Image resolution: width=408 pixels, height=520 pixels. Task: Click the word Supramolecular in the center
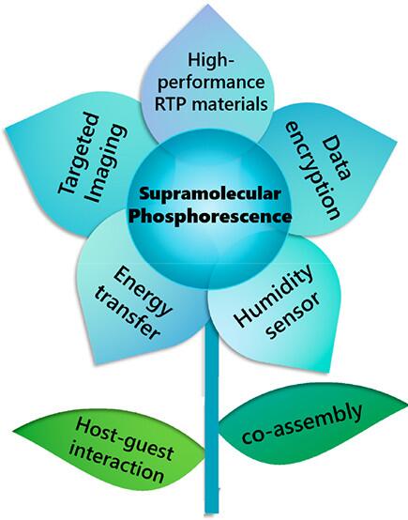pos(210,193)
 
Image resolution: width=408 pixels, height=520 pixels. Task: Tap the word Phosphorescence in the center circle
pos(210,216)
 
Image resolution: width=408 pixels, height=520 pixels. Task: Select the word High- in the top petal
pos(211,61)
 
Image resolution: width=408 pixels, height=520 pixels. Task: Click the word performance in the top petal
pos(211,84)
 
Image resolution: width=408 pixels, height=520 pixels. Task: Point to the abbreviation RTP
pos(171,104)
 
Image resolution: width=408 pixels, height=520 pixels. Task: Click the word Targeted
pos(79,153)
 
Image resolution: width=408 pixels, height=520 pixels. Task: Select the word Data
pos(337,159)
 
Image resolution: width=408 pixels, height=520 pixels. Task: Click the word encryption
pos(312,171)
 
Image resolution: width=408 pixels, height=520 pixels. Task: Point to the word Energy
pos(143,291)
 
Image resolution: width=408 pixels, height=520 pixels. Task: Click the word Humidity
pos(274,295)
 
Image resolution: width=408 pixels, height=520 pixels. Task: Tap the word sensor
pos(295,315)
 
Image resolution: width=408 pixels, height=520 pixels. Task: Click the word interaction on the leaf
pos(116,464)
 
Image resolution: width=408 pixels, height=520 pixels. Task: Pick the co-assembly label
pos(301,423)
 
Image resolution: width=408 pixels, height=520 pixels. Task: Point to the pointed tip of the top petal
pos(207,5)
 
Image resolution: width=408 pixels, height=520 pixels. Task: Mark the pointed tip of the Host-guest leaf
pos(14,432)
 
